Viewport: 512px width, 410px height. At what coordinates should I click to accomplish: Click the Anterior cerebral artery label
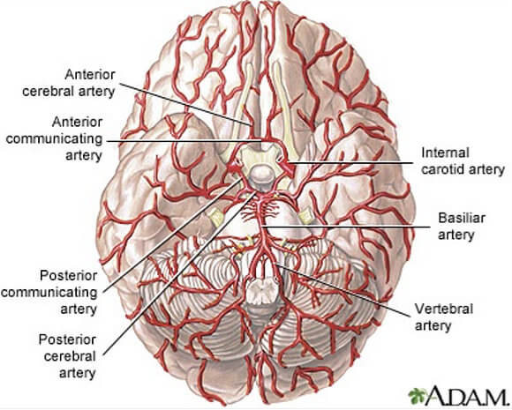point(69,83)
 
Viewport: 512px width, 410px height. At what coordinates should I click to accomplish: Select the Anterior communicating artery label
point(54,138)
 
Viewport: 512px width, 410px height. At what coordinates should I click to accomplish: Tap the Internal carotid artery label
point(463,161)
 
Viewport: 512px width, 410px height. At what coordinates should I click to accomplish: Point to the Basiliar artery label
point(461,226)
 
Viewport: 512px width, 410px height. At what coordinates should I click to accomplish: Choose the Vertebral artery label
point(444,317)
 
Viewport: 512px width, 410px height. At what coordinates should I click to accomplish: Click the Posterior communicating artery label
point(49,292)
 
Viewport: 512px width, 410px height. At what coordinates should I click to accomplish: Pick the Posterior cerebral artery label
point(68,356)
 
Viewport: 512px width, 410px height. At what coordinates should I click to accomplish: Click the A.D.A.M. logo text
point(467,394)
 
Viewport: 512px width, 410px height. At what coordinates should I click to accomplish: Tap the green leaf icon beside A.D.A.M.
point(418,395)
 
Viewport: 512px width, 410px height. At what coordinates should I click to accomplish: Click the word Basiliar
point(462,218)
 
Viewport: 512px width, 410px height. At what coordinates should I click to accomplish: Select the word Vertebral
point(444,309)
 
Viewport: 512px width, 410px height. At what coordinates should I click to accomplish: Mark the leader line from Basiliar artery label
point(346,227)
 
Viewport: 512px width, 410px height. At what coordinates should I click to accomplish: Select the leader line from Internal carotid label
point(351,162)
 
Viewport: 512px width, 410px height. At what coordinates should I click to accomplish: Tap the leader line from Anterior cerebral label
point(185,105)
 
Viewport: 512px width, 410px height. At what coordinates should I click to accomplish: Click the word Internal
point(445,153)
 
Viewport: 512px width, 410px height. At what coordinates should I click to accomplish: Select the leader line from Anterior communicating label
point(184,141)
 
